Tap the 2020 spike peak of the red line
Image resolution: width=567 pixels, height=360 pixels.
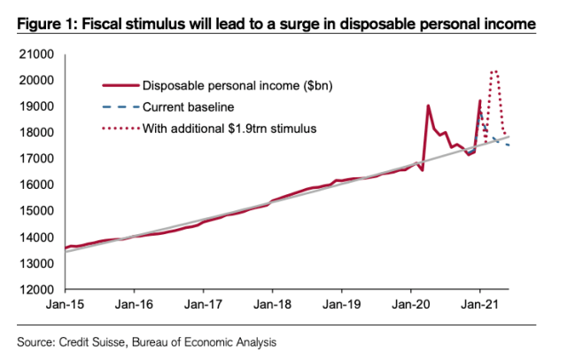click(x=429, y=106)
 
